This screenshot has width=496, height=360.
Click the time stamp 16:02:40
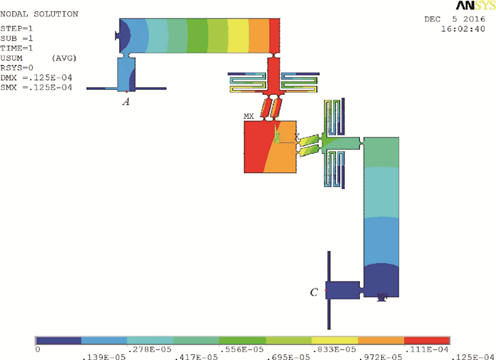[463, 30]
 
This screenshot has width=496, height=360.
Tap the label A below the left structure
[126, 101]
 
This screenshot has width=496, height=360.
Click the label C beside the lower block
[314, 291]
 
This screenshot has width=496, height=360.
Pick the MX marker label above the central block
[249, 115]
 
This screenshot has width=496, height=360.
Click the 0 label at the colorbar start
[38, 349]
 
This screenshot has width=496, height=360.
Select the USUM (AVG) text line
[38, 57]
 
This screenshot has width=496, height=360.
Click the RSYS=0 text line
[16, 67]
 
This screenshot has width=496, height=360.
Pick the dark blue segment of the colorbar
[58, 340]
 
